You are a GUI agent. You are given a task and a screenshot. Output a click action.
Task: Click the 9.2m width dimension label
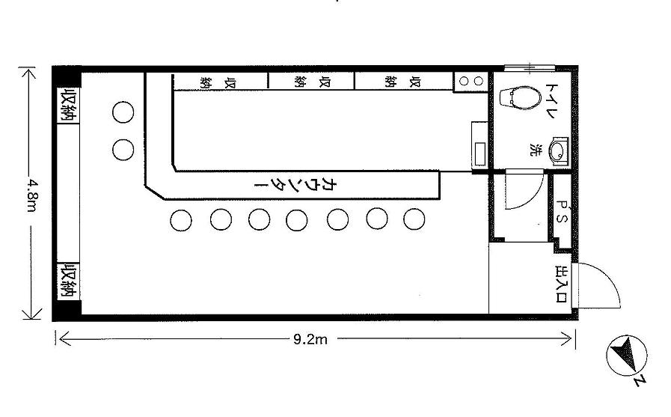coord(310,339)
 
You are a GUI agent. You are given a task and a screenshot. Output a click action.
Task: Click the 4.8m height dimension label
coord(31,194)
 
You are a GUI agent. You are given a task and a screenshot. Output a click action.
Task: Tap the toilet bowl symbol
coord(519,97)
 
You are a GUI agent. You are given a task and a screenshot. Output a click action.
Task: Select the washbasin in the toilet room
coord(558,150)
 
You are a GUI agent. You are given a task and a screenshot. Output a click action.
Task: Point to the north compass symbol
coord(627,356)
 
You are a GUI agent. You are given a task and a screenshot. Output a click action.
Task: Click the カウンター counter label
coord(296,185)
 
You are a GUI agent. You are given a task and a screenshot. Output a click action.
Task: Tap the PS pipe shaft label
coord(562,213)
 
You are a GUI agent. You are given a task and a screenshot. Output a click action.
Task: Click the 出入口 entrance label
coord(561,284)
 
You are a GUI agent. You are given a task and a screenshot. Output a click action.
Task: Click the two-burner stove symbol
coord(471,81)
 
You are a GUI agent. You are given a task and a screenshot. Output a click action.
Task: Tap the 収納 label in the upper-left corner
coord(69,106)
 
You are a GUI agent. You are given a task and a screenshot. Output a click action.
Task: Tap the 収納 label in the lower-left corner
coord(69,281)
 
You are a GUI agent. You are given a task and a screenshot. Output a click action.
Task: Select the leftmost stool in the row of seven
coord(181,221)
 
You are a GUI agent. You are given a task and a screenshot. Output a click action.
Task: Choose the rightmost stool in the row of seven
coord(414,219)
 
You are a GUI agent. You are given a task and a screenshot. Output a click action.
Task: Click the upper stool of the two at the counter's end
coord(123,112)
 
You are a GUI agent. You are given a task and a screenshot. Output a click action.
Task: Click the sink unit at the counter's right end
coord(479,145)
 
